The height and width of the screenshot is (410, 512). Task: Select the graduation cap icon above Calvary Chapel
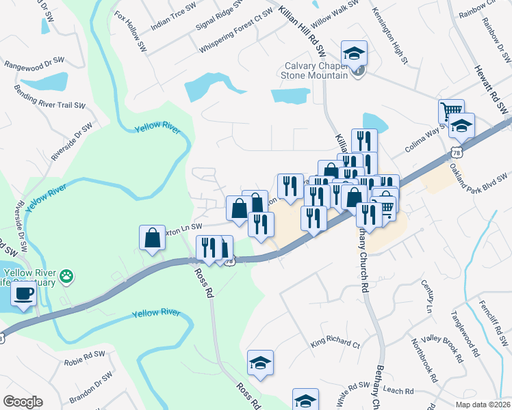(355, 53)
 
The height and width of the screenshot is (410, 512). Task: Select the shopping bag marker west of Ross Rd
(152, 238)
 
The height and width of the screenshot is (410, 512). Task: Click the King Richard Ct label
(335, 343)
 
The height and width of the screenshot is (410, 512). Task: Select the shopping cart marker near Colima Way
(451, 111)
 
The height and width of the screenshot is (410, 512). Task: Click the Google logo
(23, 402)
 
